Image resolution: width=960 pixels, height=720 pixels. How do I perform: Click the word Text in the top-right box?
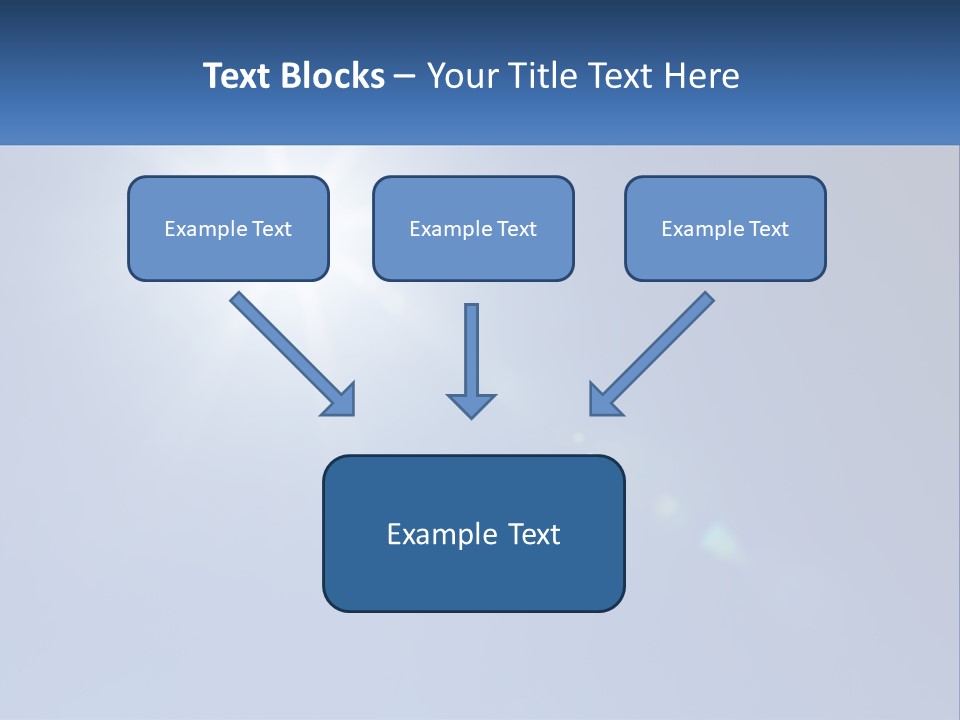[769, 229]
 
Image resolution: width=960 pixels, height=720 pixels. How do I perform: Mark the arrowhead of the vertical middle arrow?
[471, 406]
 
